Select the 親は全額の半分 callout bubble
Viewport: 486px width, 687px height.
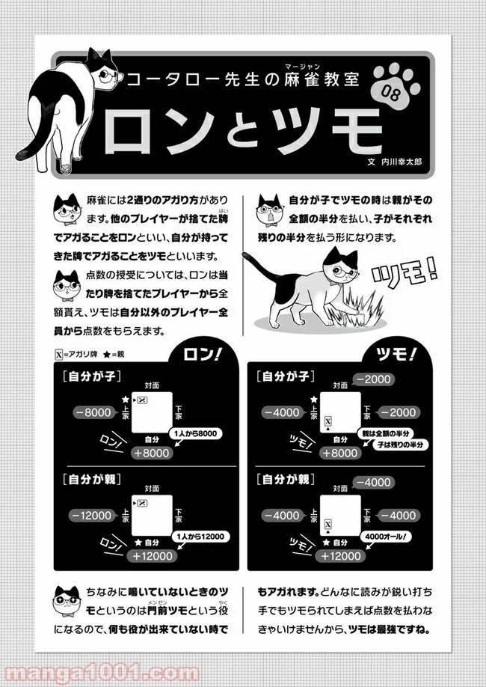click(392, 433)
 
